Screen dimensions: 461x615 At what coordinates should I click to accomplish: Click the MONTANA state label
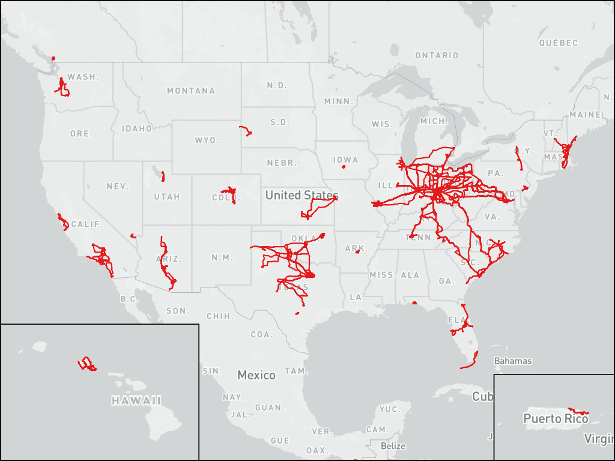[x=190, y=91]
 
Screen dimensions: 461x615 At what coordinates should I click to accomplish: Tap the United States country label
[x=301, y=195]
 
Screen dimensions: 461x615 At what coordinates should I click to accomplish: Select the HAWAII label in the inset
[x=136, y=400]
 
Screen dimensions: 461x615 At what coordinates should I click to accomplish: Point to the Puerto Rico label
[x=556, y=419]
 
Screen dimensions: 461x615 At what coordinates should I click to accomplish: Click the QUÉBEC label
[x=558, y=43]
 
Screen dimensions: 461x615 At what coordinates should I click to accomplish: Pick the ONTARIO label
[x=437, y=56]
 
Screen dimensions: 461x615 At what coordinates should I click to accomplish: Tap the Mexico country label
[x=256, y=375]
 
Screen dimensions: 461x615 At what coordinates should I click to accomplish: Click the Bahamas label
[x=512, y=361]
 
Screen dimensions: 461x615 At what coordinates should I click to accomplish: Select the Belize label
[x=393, y=447]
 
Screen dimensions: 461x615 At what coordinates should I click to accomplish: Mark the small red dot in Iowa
[x=344, y=167]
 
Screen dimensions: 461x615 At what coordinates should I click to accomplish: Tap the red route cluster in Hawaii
[x=87, y=364]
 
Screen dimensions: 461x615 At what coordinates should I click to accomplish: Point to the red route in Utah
[x=162, y=176]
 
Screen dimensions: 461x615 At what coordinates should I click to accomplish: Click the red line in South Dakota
[x=246, y=130]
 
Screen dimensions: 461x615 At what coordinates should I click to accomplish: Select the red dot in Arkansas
[x=357, y=252]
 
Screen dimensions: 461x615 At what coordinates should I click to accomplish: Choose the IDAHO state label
[x=137, y=128]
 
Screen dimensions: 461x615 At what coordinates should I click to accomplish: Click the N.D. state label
[x=277, y=86]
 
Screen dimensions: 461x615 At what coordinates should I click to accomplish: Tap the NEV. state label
[x=118, y=187]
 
